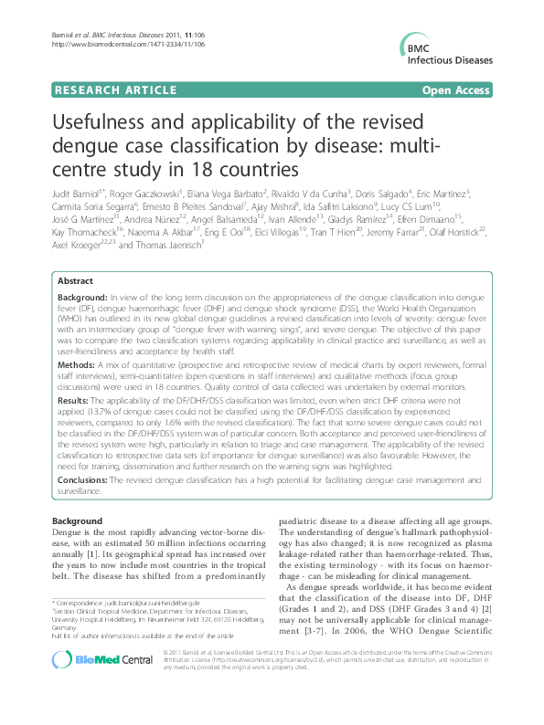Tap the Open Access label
coord(456,91)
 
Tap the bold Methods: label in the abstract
coord(78,362)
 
